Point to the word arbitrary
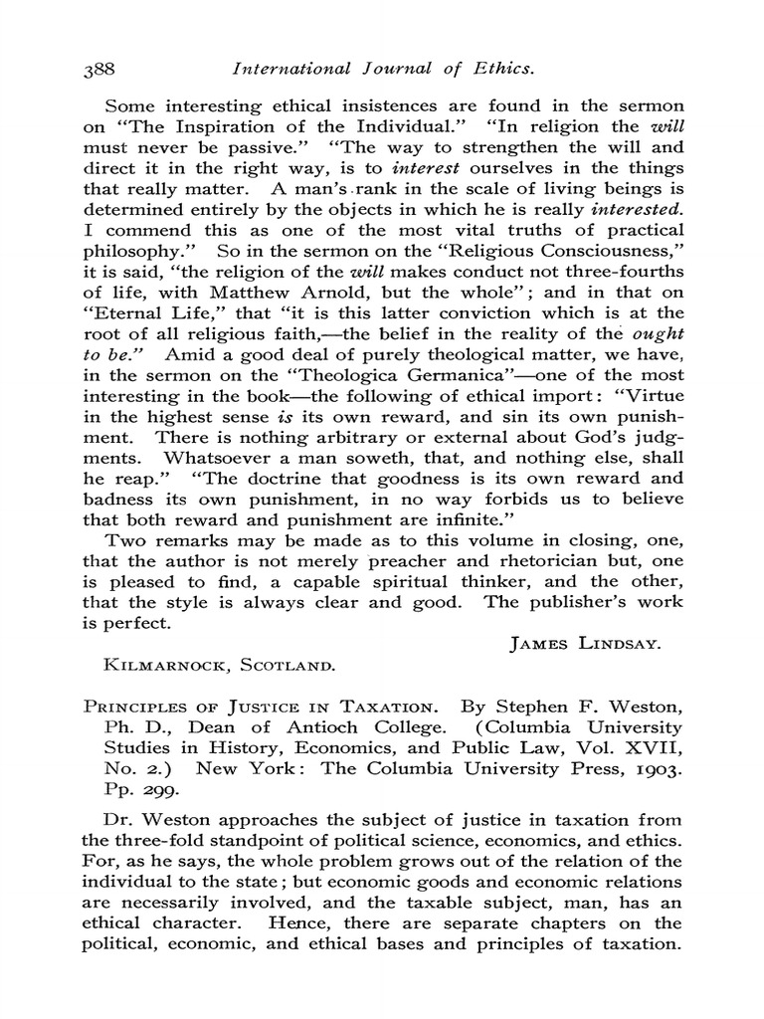coord(343,438)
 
